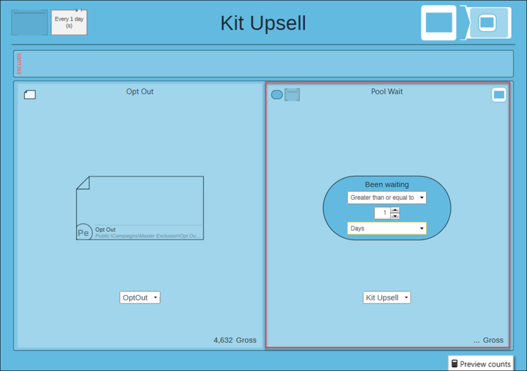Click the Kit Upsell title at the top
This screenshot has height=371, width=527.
click(263, 23)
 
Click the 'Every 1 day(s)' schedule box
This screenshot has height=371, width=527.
click(69, 22)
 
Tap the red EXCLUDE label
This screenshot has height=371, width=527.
click(19, 63)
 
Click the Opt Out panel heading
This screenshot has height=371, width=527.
click(140, 92)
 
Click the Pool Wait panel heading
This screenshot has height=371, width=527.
click(387, 92)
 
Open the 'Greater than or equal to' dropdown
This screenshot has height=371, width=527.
click(387, 197)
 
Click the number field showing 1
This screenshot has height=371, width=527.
click(382, 213)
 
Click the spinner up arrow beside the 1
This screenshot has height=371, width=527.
click(395, 210)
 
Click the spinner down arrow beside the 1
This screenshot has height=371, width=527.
click(395, 216)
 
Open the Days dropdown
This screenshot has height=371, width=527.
click(387, 228)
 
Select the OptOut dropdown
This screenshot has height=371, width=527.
click(140, 297)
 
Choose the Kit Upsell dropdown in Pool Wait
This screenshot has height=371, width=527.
click(387, 297)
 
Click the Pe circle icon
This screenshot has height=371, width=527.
click(84, 232)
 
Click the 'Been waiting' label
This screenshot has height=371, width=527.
click(387, 185)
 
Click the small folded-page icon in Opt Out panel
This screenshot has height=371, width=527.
click(30, 95)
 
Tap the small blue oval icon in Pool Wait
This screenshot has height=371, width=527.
click(277, 95)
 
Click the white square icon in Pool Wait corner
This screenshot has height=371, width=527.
click(499, 95)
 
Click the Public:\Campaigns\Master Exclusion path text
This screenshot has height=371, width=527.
click(148, 236)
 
